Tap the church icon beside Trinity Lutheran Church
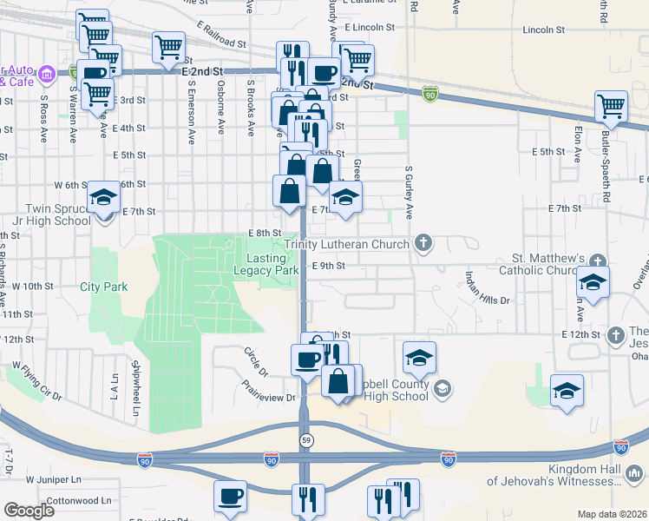click(x=423, y=242)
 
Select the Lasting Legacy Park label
click(x=265, y=264)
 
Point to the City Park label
click(x=103, y=287)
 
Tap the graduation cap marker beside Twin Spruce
click(x=103, y=199)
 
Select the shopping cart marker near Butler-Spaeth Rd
click(x=612, y=108)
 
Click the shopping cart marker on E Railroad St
click(x=168, y=47)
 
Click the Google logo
click(x=29, y=510)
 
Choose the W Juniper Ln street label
click(x=53, y=479)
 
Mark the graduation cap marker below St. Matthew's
click(x=593, y=284)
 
